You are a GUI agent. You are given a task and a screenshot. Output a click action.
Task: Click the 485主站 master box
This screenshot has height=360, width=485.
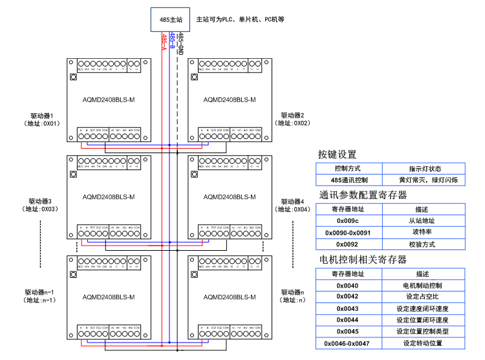(x=169, y=19)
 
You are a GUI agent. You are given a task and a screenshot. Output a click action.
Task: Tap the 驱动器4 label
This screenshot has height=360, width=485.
(x=293, y=201)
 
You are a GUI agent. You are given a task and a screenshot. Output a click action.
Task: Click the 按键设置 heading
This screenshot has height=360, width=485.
(x=337, y=154)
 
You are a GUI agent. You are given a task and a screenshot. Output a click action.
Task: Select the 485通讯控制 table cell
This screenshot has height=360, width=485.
(x=349, y=180)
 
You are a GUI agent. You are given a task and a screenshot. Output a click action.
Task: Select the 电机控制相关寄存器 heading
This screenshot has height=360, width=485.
(x=362, y=259)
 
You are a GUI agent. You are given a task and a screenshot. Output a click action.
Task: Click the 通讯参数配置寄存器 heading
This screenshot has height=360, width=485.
(x=362, y=195)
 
